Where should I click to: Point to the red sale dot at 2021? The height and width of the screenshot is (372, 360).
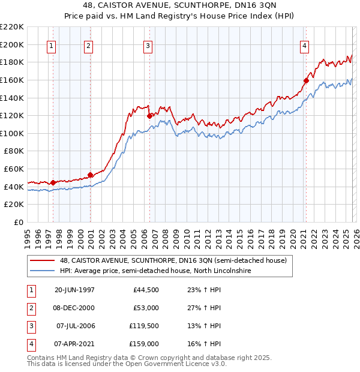tap(306, 80)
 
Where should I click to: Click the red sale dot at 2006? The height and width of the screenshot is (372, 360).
tap(149, 116)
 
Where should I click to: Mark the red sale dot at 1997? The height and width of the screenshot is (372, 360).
tap(53, 182)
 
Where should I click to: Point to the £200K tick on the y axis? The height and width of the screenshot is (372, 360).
tap(12, 44)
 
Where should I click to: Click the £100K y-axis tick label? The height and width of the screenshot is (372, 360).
tap(12, 133)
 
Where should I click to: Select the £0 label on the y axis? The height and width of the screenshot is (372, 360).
tap(19, 222)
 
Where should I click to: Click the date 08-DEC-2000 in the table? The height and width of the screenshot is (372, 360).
tap(74, 308)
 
